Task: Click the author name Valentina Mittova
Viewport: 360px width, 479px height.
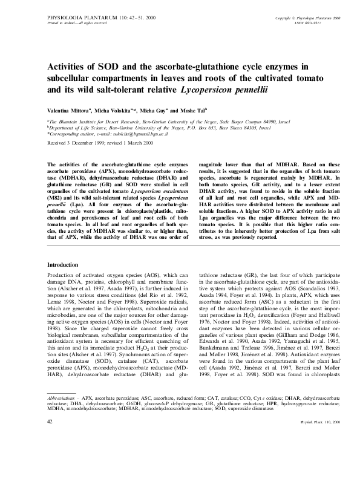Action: [x=69, y=111]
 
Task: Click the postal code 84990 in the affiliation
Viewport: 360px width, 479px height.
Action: [x=245, y=122]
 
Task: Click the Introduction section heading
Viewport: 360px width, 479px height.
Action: [x=63, y=265]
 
